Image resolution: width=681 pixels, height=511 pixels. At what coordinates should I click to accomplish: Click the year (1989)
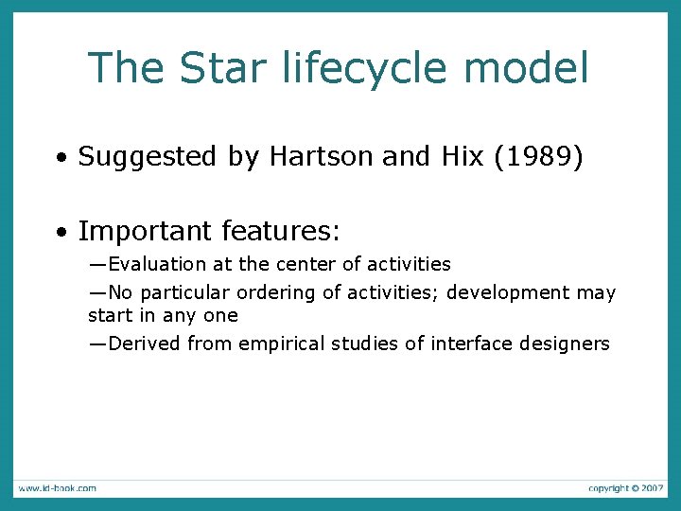pos(537,157)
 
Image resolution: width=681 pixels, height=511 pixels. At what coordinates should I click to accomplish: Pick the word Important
pos(145,231)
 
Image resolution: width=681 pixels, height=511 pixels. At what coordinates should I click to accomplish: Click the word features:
pos(281,231)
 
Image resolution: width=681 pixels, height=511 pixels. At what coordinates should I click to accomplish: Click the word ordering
pos(277,292)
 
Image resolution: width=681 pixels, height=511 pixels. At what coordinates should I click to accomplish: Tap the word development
pos(509,292)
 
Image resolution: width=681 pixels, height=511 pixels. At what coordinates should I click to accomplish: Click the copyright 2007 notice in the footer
pos(625,487)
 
